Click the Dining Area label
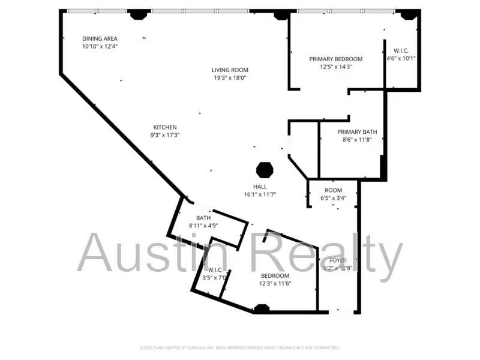(x=99, y=38)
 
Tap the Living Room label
(x=230, y=70)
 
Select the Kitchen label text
(x=165, y=127)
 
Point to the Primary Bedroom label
(x=335, y=59)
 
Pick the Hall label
(x=260, y=187)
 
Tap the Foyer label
(x=338, y=260)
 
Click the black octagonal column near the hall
(x=265, y=170)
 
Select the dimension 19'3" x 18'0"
(x=230, y=78)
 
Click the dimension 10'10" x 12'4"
(x=99, y=46)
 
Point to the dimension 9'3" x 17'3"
(x=165, y=135)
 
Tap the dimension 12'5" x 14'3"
(x=335, y=67)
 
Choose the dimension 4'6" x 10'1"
(x=404, y=58)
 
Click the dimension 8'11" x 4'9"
(x=203, y=226)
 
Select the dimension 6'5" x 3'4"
(x=333, y=198)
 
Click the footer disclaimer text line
(x=240, y=347)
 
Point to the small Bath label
(x=203, y=218)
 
